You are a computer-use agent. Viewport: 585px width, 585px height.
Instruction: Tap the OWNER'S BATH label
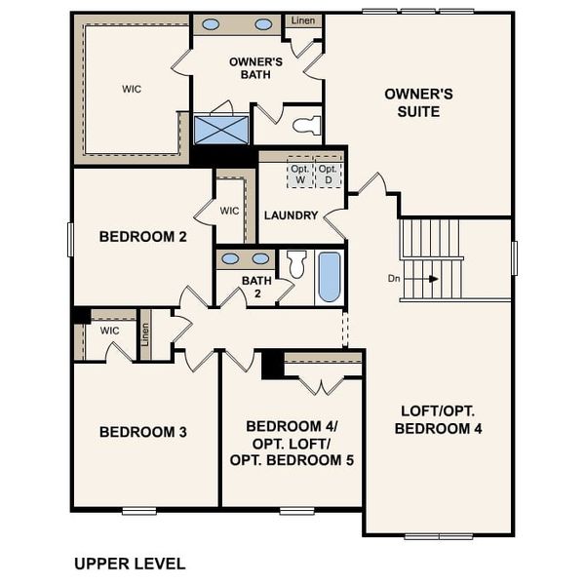coord(255,69)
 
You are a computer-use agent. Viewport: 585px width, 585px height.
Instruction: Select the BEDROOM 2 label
coord(142,235)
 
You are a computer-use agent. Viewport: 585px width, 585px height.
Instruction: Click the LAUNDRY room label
coord(292,215)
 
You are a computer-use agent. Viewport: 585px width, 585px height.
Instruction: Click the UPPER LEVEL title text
coord(130,564)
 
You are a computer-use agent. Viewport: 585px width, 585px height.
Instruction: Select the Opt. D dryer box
coord(329,175)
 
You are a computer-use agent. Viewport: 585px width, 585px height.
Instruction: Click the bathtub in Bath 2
coord(329,278)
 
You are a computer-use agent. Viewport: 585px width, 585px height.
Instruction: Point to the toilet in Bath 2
coord(296,262)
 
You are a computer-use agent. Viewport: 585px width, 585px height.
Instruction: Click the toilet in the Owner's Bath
coord(305,125)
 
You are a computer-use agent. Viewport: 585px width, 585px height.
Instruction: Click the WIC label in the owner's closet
coord(132,89)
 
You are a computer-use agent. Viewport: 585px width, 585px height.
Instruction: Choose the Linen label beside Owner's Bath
coord(302,19)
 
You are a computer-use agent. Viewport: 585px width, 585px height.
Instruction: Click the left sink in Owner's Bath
coord(211,24)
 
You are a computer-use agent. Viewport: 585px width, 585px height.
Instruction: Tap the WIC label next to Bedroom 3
coord(109,331)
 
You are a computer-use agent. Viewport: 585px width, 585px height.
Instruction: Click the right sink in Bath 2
coord(260,259)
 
